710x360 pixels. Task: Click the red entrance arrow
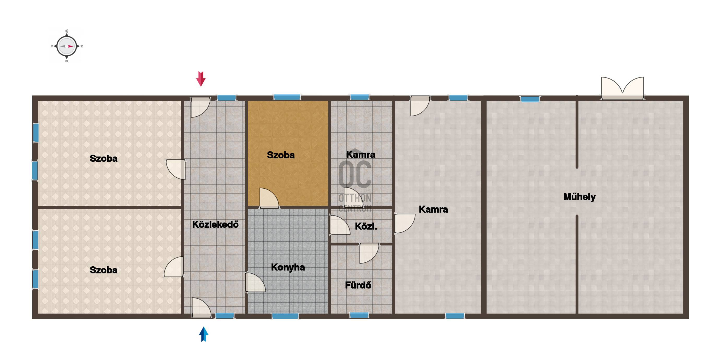coord(201,79)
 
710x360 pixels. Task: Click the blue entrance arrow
coord(204,334)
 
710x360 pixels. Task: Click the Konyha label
coord(288,267)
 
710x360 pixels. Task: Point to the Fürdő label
coord(358,285)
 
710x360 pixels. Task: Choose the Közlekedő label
coord(215,224)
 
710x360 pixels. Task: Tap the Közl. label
coord(366,226)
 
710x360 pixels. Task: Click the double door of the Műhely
coord(622,88)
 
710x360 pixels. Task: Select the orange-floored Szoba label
coord(281,155)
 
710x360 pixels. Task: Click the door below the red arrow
coord(200,107)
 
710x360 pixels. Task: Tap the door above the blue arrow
coord(202,308)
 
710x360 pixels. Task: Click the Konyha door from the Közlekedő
coord(255,282)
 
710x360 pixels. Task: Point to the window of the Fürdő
coord(359,315)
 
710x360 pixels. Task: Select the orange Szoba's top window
coord(287,97)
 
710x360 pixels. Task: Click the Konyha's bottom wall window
coord(285,316)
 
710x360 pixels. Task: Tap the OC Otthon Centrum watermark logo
coord(355,186)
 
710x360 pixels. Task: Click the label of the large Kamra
coord(433,209)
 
